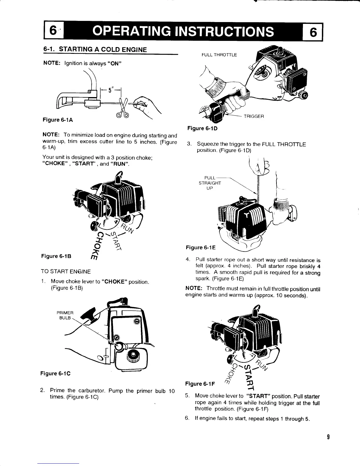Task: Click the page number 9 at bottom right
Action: point(327,437)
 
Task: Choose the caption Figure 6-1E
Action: point(201,248)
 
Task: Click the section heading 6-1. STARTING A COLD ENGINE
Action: point(95,49)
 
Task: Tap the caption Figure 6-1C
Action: point(55,374)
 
